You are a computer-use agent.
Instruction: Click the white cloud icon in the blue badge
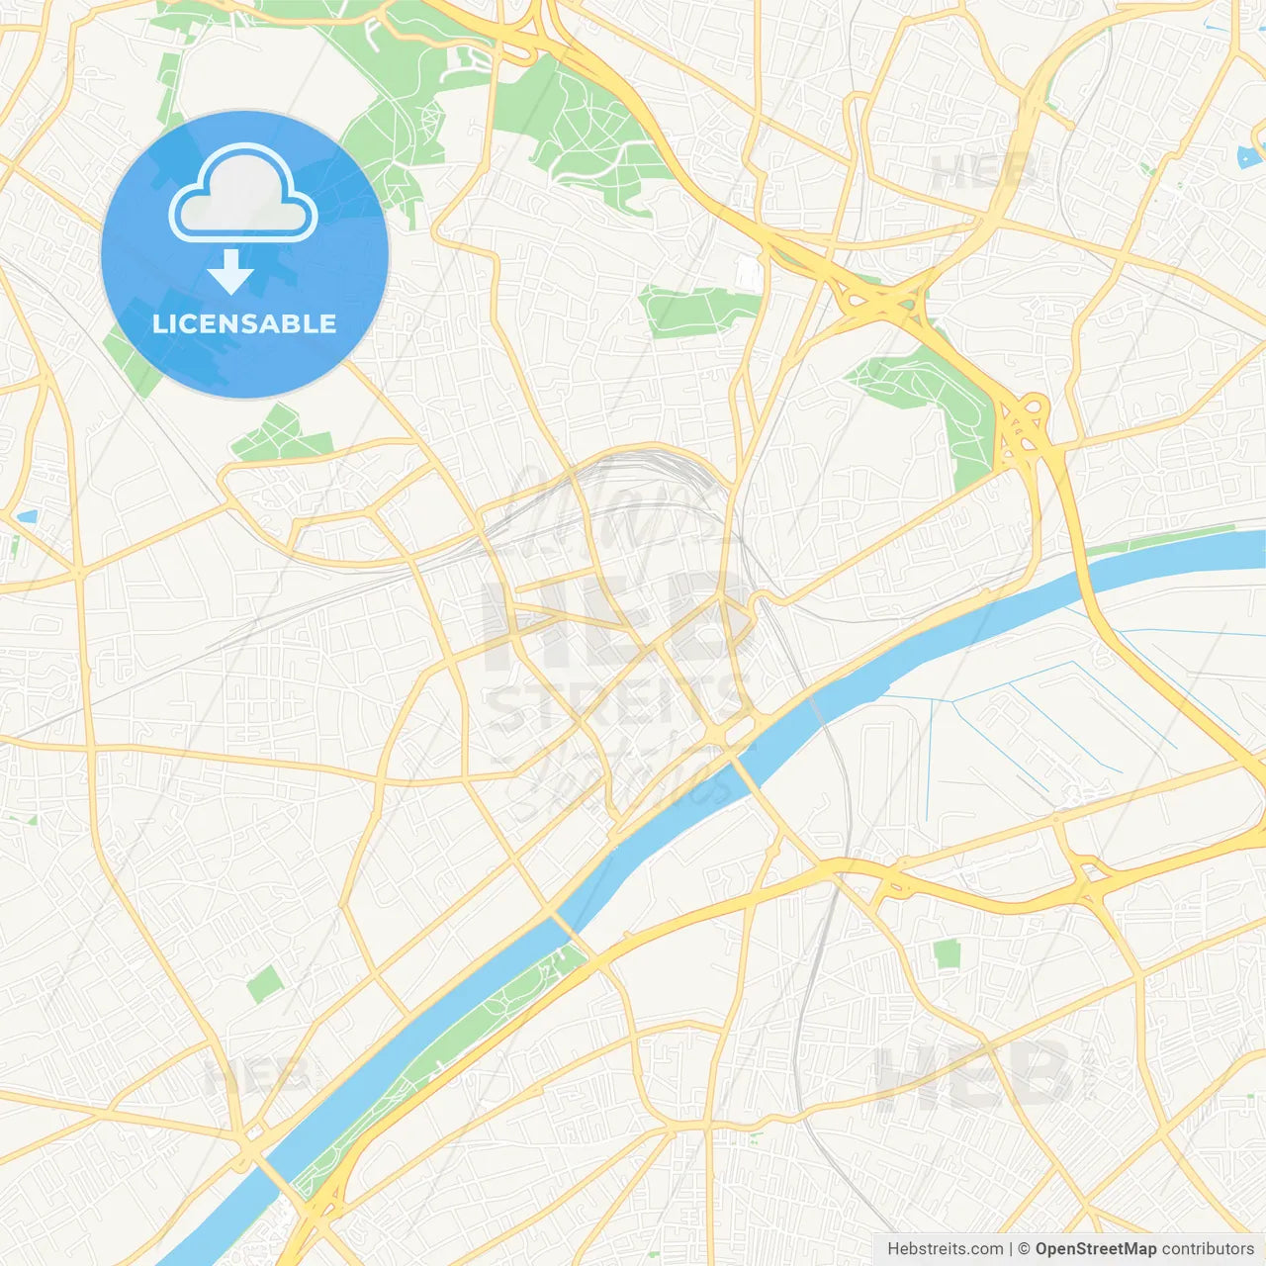click(243, 194)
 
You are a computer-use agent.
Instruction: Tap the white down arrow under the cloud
click(230, 271)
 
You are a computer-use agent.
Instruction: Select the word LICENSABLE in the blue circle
click(244, 323)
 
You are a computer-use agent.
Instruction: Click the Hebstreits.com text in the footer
click(945, 1249)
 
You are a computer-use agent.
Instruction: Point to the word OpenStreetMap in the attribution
click(1095, 1249)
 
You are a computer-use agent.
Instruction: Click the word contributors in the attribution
click(1208, 1249)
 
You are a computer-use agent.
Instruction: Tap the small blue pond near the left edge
click(27, 516)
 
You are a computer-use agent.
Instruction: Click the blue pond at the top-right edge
click(1249, 155)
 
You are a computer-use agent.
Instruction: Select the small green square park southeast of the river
click(947, 953)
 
